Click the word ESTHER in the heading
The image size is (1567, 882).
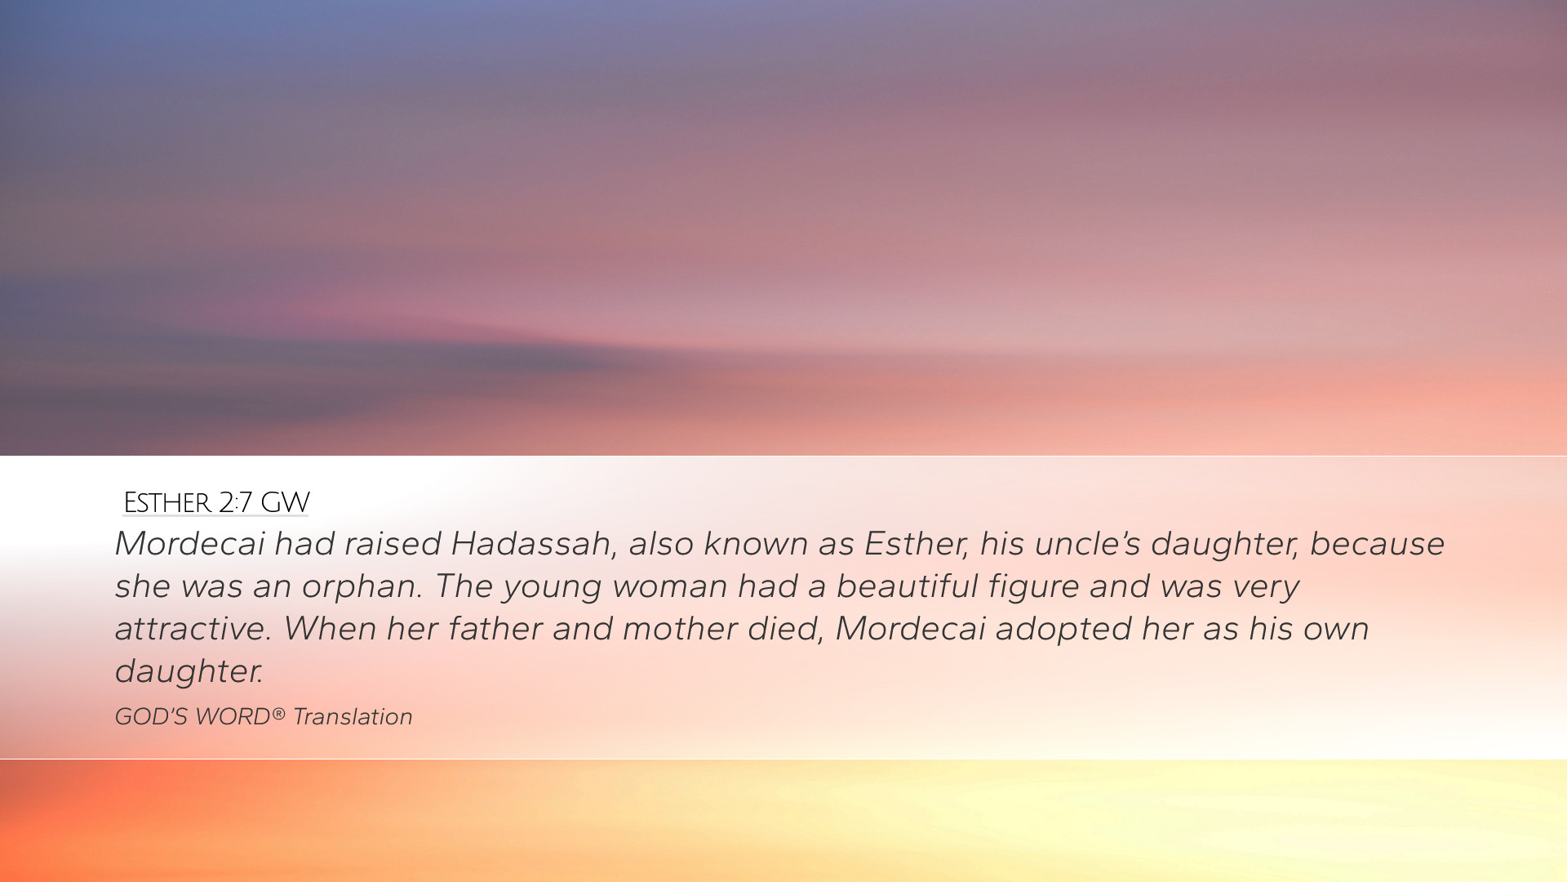[166, 502]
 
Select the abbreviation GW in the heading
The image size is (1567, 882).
[285, 502]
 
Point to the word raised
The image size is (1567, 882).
[393, 544]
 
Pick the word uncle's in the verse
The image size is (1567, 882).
[1088, 544]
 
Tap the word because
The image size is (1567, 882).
[1377, 544]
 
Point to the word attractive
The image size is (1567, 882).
[193, 629]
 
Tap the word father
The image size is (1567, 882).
[495, 629]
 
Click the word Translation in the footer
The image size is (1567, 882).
[353, 717]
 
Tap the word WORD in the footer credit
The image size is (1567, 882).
[233, 717]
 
